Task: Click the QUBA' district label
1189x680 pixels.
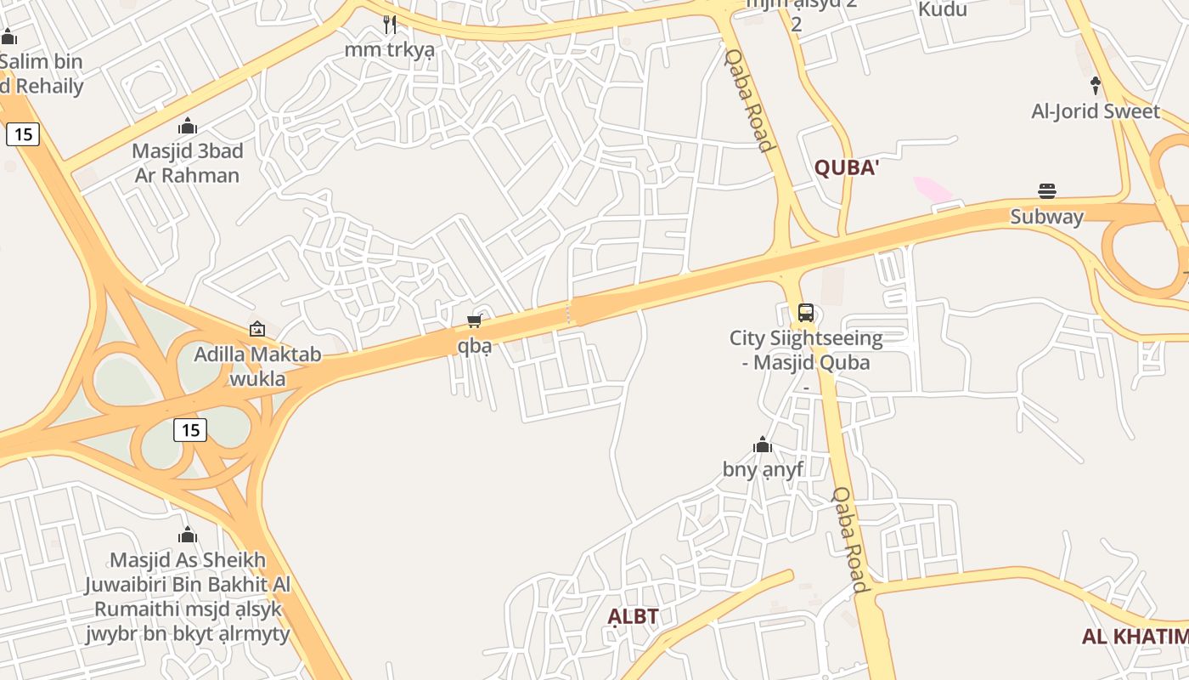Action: coord(846,167)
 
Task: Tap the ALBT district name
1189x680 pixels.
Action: coord(633,616)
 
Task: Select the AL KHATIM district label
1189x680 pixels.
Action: coord(1135,637)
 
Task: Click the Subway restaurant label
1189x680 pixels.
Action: coord(1046,217)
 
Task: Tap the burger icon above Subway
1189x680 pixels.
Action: coord(1046,190)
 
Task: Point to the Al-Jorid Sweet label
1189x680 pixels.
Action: coord(1095,111)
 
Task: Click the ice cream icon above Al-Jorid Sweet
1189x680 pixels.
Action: coord(1095,85)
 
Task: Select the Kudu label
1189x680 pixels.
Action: coord(942,10)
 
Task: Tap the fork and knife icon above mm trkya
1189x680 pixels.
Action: coord(390,25)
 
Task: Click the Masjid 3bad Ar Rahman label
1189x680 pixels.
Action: coord(187,163)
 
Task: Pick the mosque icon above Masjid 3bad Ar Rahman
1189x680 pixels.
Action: coord(188,127)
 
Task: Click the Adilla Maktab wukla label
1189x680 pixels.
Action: coord(257,366)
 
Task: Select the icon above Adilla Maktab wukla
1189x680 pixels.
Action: coord(256,329)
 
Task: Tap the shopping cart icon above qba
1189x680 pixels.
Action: coord(475,320)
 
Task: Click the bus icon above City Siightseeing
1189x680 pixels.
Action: coord(805,313)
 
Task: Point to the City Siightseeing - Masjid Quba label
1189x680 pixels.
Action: coord(805,350)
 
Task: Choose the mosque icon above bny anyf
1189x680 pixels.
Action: coord(762,445)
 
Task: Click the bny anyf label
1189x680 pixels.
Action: coord(762,469)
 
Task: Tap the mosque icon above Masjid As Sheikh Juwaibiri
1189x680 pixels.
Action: coord(188,535)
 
